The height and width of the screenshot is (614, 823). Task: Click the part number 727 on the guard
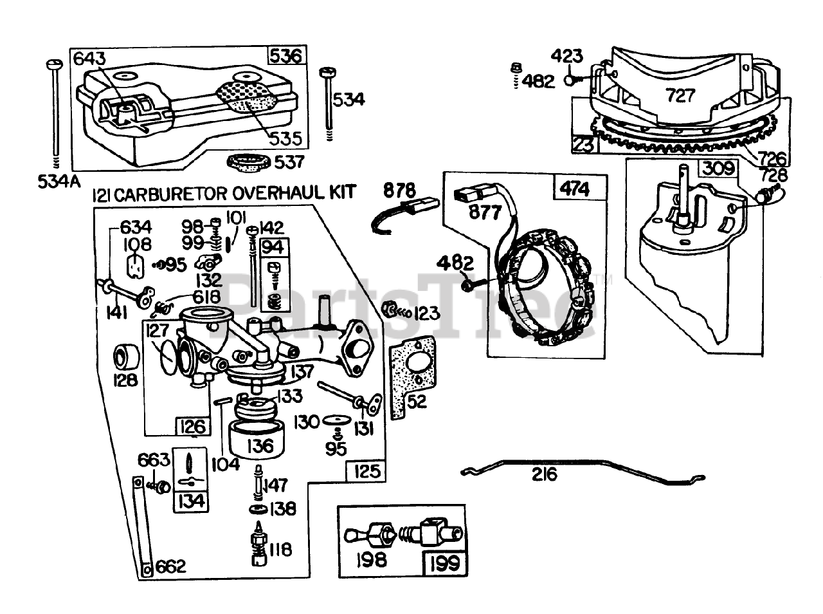point(680,96)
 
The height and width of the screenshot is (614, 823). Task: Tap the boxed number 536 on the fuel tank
point(285,57)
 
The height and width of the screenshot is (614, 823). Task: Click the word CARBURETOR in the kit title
point(170,193)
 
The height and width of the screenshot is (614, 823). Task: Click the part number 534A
point(56,181)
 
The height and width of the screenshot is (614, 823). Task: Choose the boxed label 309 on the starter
point(717,169)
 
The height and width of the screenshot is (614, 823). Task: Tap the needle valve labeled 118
point(259,547)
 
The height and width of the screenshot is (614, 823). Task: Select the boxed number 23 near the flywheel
point(584,145)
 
